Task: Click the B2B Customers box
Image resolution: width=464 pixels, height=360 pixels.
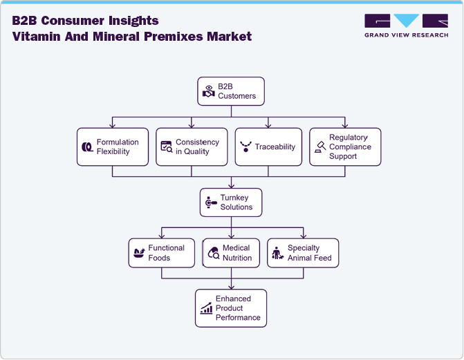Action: pos(231,91)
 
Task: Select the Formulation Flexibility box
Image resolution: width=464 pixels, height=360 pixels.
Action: pos(113,146)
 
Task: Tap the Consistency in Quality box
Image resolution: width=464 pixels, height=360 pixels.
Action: pos(192,146)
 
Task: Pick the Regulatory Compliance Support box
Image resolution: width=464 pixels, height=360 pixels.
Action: pos(345,146)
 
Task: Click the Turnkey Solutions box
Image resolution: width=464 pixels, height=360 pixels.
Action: pos(231,202)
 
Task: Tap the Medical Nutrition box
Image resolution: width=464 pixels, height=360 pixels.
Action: pos(232,253)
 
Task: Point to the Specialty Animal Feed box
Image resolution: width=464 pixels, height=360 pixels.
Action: pos(303,253)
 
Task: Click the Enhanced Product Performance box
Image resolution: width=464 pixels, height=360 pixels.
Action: pos(231,308)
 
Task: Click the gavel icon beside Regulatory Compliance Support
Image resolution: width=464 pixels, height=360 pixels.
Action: pos(320,147)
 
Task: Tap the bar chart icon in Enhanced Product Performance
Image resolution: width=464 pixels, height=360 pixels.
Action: pos(206,309)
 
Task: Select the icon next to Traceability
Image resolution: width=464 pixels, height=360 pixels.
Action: pos(245,147)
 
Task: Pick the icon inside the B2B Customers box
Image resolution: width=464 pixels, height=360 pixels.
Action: pos(208,91)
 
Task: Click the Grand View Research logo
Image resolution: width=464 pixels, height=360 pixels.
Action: pos(406,26)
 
